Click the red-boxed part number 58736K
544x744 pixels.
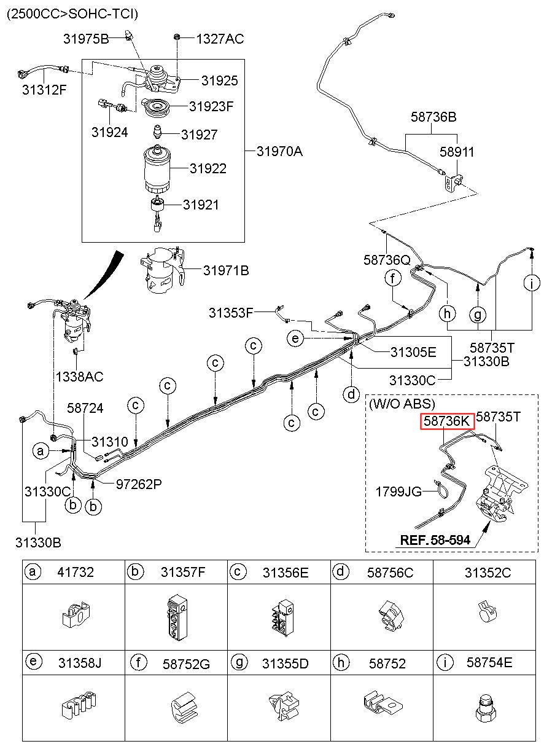(447, 421)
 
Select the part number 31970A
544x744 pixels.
(279, 152)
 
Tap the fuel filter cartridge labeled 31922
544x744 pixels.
(157, 170)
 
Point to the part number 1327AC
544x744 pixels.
(220, 39)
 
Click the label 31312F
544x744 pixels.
(44, 90)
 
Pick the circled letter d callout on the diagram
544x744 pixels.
(351, 394)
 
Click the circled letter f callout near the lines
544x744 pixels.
(393, 278)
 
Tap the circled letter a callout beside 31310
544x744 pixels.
(41, 451)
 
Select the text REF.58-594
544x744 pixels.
(435, 540)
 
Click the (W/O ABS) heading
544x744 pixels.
(402, 404)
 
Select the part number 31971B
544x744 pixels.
(226, 271)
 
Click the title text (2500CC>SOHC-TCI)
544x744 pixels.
(72, 14)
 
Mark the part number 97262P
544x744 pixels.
(139, 485)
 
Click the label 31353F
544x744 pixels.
(231, 313)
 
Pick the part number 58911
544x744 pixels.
(457, 152)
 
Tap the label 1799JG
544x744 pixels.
(398, 491)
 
